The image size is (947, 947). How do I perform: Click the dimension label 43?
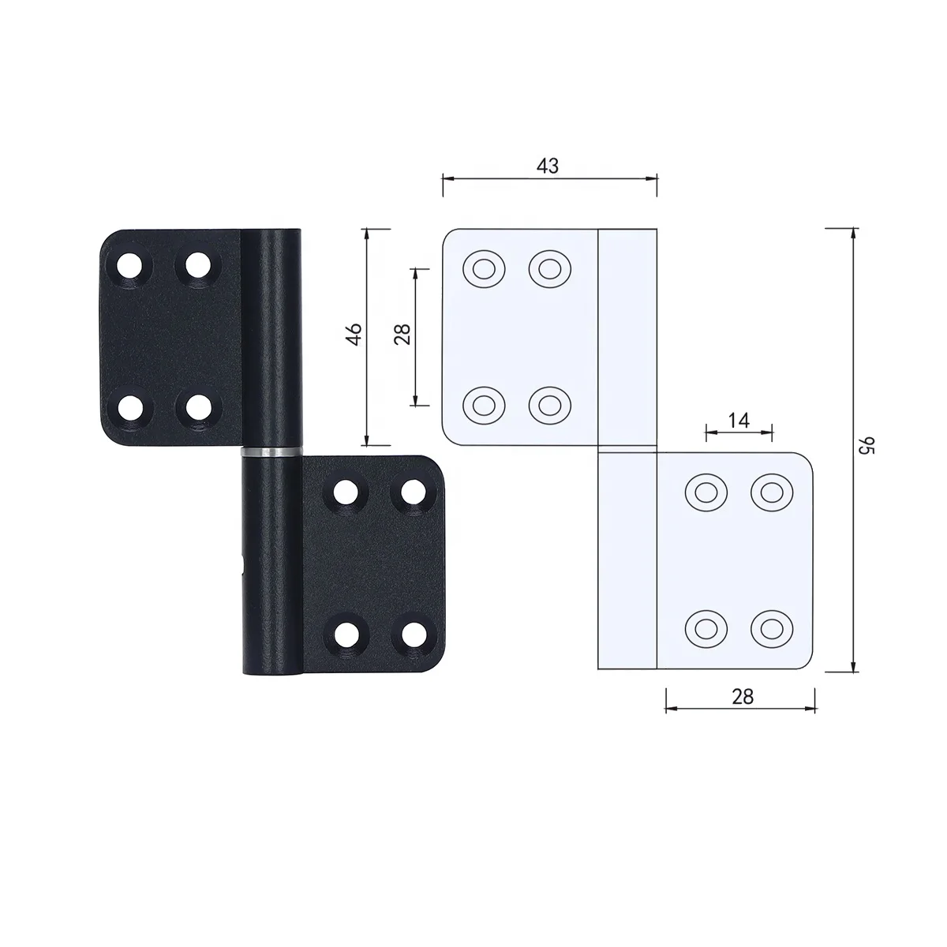(x=548, y=166)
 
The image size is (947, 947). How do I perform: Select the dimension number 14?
(x=738, y=420)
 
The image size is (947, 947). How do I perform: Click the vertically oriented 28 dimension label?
(x=402, y=334)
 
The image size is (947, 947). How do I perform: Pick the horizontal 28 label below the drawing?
(x=742, y=696)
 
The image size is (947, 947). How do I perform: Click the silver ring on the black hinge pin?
(x=271, y=451)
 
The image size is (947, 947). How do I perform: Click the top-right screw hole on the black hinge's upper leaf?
(x=198, y=266)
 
